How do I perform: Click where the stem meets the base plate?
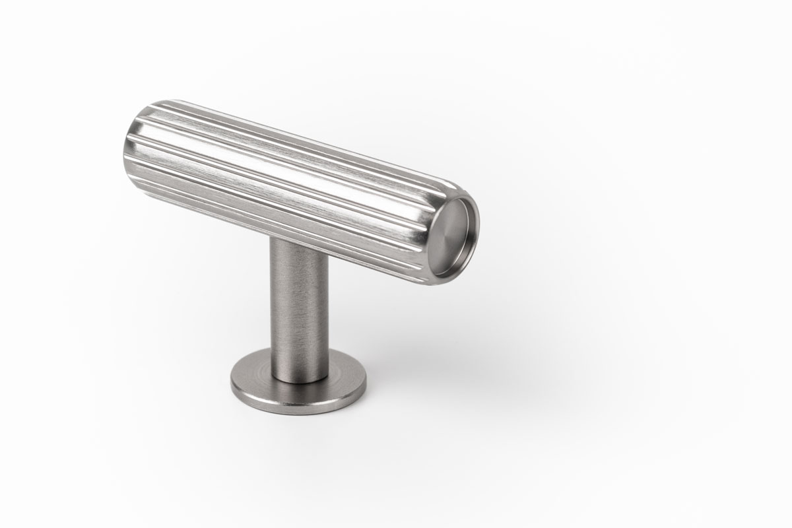[299, 376]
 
